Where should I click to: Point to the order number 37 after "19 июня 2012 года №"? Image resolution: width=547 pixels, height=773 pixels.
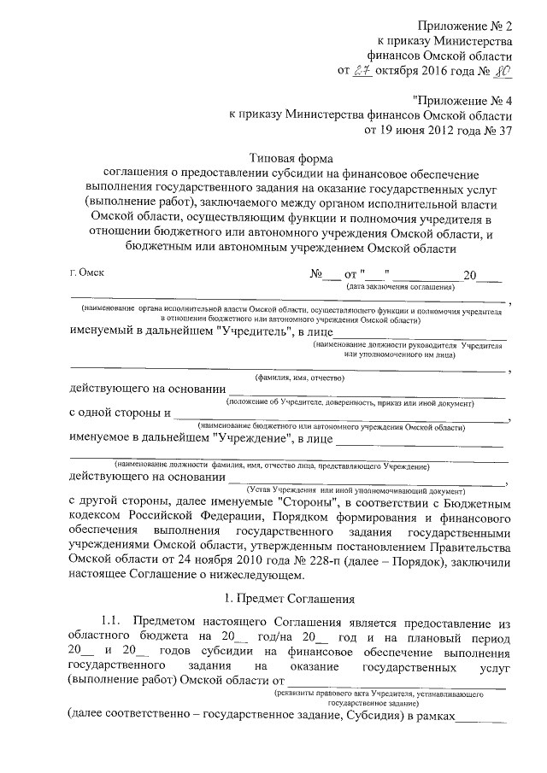(x=503, y=131)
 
